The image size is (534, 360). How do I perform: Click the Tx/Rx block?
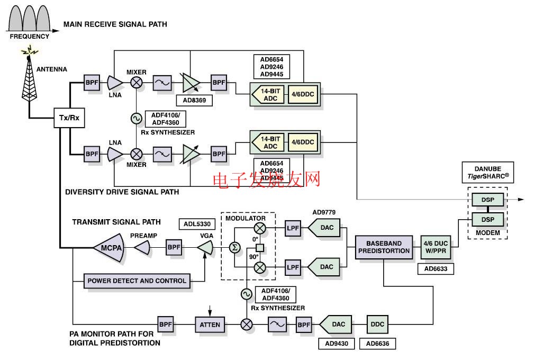coord(69,118)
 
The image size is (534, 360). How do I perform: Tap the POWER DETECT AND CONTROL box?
coord(137,281)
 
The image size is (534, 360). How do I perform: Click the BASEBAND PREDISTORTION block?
coord(384,247)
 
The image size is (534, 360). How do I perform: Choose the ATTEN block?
coord(210,324)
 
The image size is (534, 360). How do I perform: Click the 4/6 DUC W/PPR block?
coord(435,247)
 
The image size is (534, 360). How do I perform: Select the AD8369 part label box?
coord(196,100)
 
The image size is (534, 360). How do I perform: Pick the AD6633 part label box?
coord(435,268)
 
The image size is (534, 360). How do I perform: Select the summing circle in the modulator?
coord(234,247)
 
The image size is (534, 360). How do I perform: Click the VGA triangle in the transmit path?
coord(205,247)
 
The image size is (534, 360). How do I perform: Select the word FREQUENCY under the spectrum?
coord(30,37)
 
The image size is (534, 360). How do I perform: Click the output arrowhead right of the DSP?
coord(521,199)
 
